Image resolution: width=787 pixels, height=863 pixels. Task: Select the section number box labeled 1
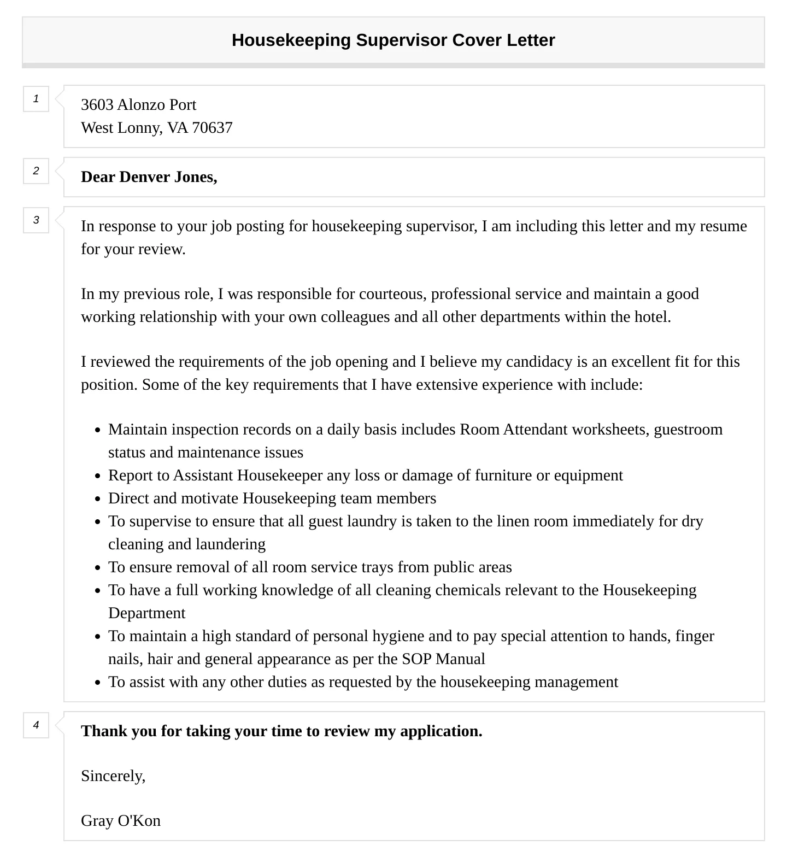click(36, 99)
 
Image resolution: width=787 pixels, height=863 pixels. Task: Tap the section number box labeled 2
click(36, 171)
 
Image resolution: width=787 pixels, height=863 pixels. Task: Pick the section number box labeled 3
click(36, 220)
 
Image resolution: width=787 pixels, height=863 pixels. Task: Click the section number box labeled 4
click(36, 725)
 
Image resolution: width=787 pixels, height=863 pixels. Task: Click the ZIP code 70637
click(212, 128)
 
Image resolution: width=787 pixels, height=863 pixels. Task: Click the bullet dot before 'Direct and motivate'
click(97, 499)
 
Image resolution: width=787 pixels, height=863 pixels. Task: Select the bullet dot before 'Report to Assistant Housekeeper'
click(97, 476)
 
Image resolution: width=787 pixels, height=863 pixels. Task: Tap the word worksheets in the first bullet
click(610, 430)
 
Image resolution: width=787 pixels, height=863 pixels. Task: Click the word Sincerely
click(113, 776)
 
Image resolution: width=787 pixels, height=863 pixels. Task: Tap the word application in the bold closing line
click(441, 731)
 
